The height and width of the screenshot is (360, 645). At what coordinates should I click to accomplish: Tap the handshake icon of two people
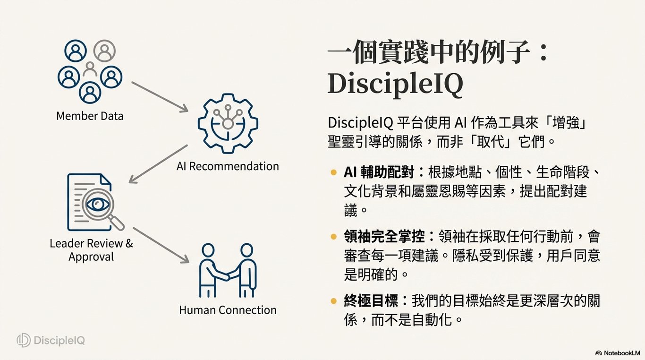coord(228,271)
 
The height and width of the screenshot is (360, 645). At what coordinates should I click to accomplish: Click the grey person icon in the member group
coord(104,51)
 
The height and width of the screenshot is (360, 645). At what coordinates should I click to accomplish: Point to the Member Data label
coord(90,116)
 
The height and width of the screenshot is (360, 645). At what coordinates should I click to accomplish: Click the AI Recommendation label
coord(228,166)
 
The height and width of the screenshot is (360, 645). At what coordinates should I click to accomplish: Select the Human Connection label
coord(228,310)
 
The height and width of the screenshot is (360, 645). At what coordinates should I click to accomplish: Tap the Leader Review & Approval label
coord(91,250)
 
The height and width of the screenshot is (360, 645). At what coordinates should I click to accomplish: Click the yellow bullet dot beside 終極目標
coord(334,301)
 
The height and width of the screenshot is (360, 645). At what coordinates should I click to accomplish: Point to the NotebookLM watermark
coord(619,353)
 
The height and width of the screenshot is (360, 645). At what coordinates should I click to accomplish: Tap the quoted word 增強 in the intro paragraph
coord(567,123)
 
